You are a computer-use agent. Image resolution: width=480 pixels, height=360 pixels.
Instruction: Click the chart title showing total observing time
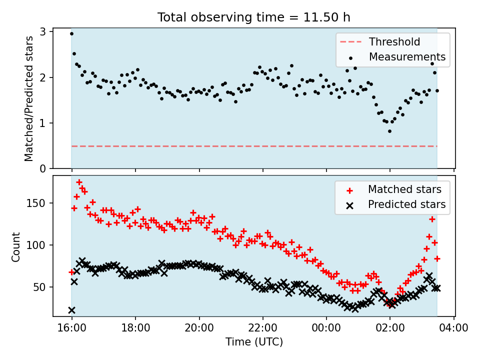254,17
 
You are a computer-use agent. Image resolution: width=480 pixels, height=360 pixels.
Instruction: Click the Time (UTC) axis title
254,342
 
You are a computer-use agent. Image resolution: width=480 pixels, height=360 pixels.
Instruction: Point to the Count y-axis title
16,246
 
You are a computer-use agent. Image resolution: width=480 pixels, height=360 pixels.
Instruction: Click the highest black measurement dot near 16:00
71,33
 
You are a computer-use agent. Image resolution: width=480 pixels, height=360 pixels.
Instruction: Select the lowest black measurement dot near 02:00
389,131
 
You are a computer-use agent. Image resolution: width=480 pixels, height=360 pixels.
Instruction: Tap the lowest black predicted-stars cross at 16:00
71,310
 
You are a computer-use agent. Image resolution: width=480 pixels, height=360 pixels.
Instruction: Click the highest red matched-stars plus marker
79,182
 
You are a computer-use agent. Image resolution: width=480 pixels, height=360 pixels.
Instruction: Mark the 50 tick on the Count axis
42,287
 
